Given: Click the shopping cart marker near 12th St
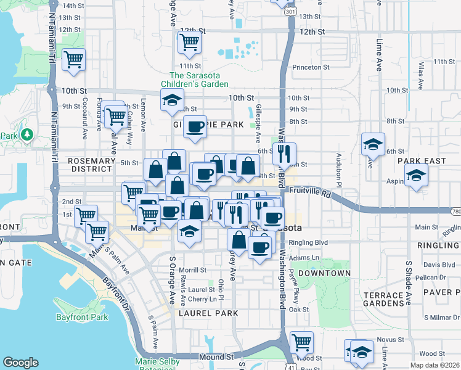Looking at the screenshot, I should point(189,42).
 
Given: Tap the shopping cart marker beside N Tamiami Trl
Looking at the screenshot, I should point(73,60).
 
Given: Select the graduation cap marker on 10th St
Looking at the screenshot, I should point(172,100).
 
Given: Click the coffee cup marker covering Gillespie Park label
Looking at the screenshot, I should point(195,127).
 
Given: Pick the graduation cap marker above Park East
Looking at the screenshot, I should point(373,144).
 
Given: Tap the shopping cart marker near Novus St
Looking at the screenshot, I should point(301,342).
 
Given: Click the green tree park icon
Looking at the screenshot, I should point(27,134).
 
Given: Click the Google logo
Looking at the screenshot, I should point(20,362).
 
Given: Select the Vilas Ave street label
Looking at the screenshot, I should point(421,73).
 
